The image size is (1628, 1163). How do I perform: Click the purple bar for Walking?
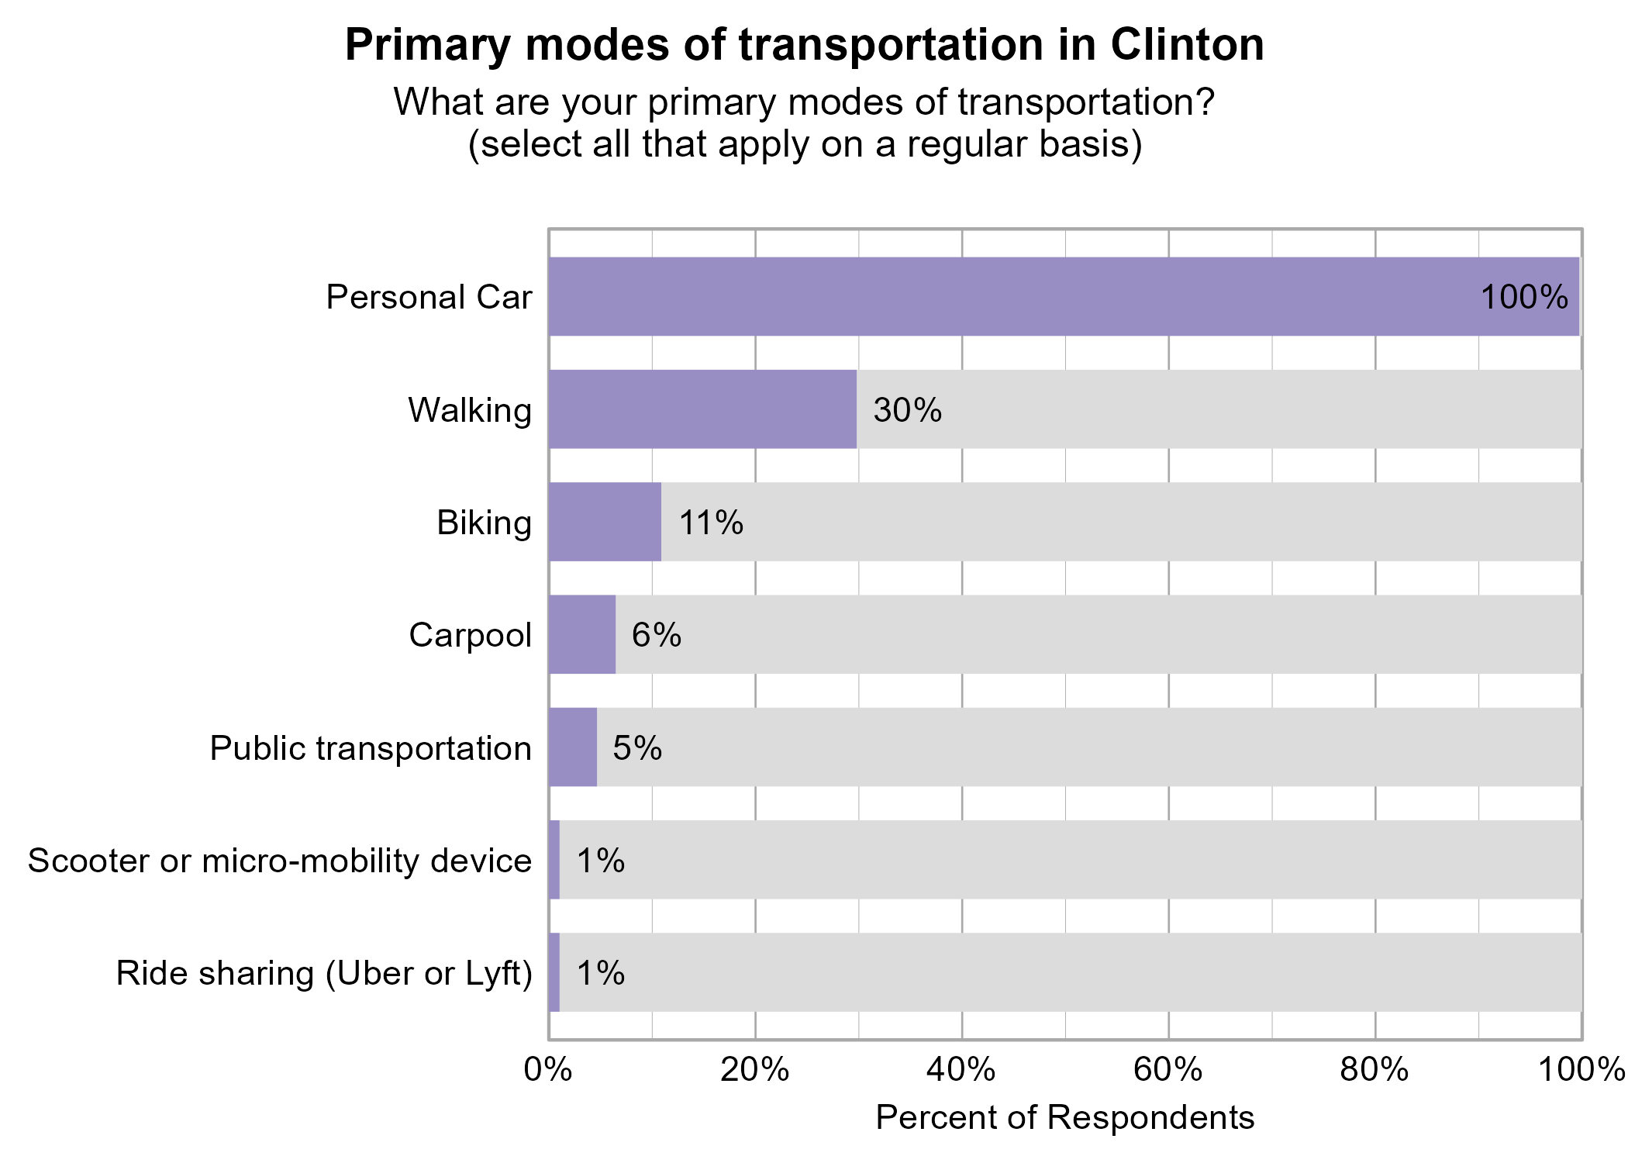[702, 409]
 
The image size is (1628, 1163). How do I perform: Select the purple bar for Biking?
[605, 522]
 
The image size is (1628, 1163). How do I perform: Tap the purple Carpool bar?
[581, 634]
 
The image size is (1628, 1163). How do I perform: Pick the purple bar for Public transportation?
[572, 747]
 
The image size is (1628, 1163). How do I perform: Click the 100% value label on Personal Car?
[1524, 298]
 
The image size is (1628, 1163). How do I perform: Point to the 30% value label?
[907, 410]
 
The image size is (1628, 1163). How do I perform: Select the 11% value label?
[711, 523]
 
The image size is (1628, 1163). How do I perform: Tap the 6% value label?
[656, 635]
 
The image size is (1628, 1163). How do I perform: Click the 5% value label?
[637, 748]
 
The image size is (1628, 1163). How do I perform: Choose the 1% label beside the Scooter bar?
[600, 861]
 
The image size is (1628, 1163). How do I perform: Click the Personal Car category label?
[429, 298]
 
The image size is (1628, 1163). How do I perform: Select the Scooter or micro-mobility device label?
[280, 861]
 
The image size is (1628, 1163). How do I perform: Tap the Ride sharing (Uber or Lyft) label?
[324, 974]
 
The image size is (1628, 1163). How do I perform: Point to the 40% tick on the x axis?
[961, 1071]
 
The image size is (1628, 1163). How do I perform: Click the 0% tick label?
[548, 1071]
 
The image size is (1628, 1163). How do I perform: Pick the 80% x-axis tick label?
[1374, 1071]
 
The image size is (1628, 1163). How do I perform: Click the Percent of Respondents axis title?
[1064, 1118]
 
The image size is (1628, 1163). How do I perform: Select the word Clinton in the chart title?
[1187, 45]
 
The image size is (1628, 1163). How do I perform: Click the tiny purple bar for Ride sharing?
[554, 972]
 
